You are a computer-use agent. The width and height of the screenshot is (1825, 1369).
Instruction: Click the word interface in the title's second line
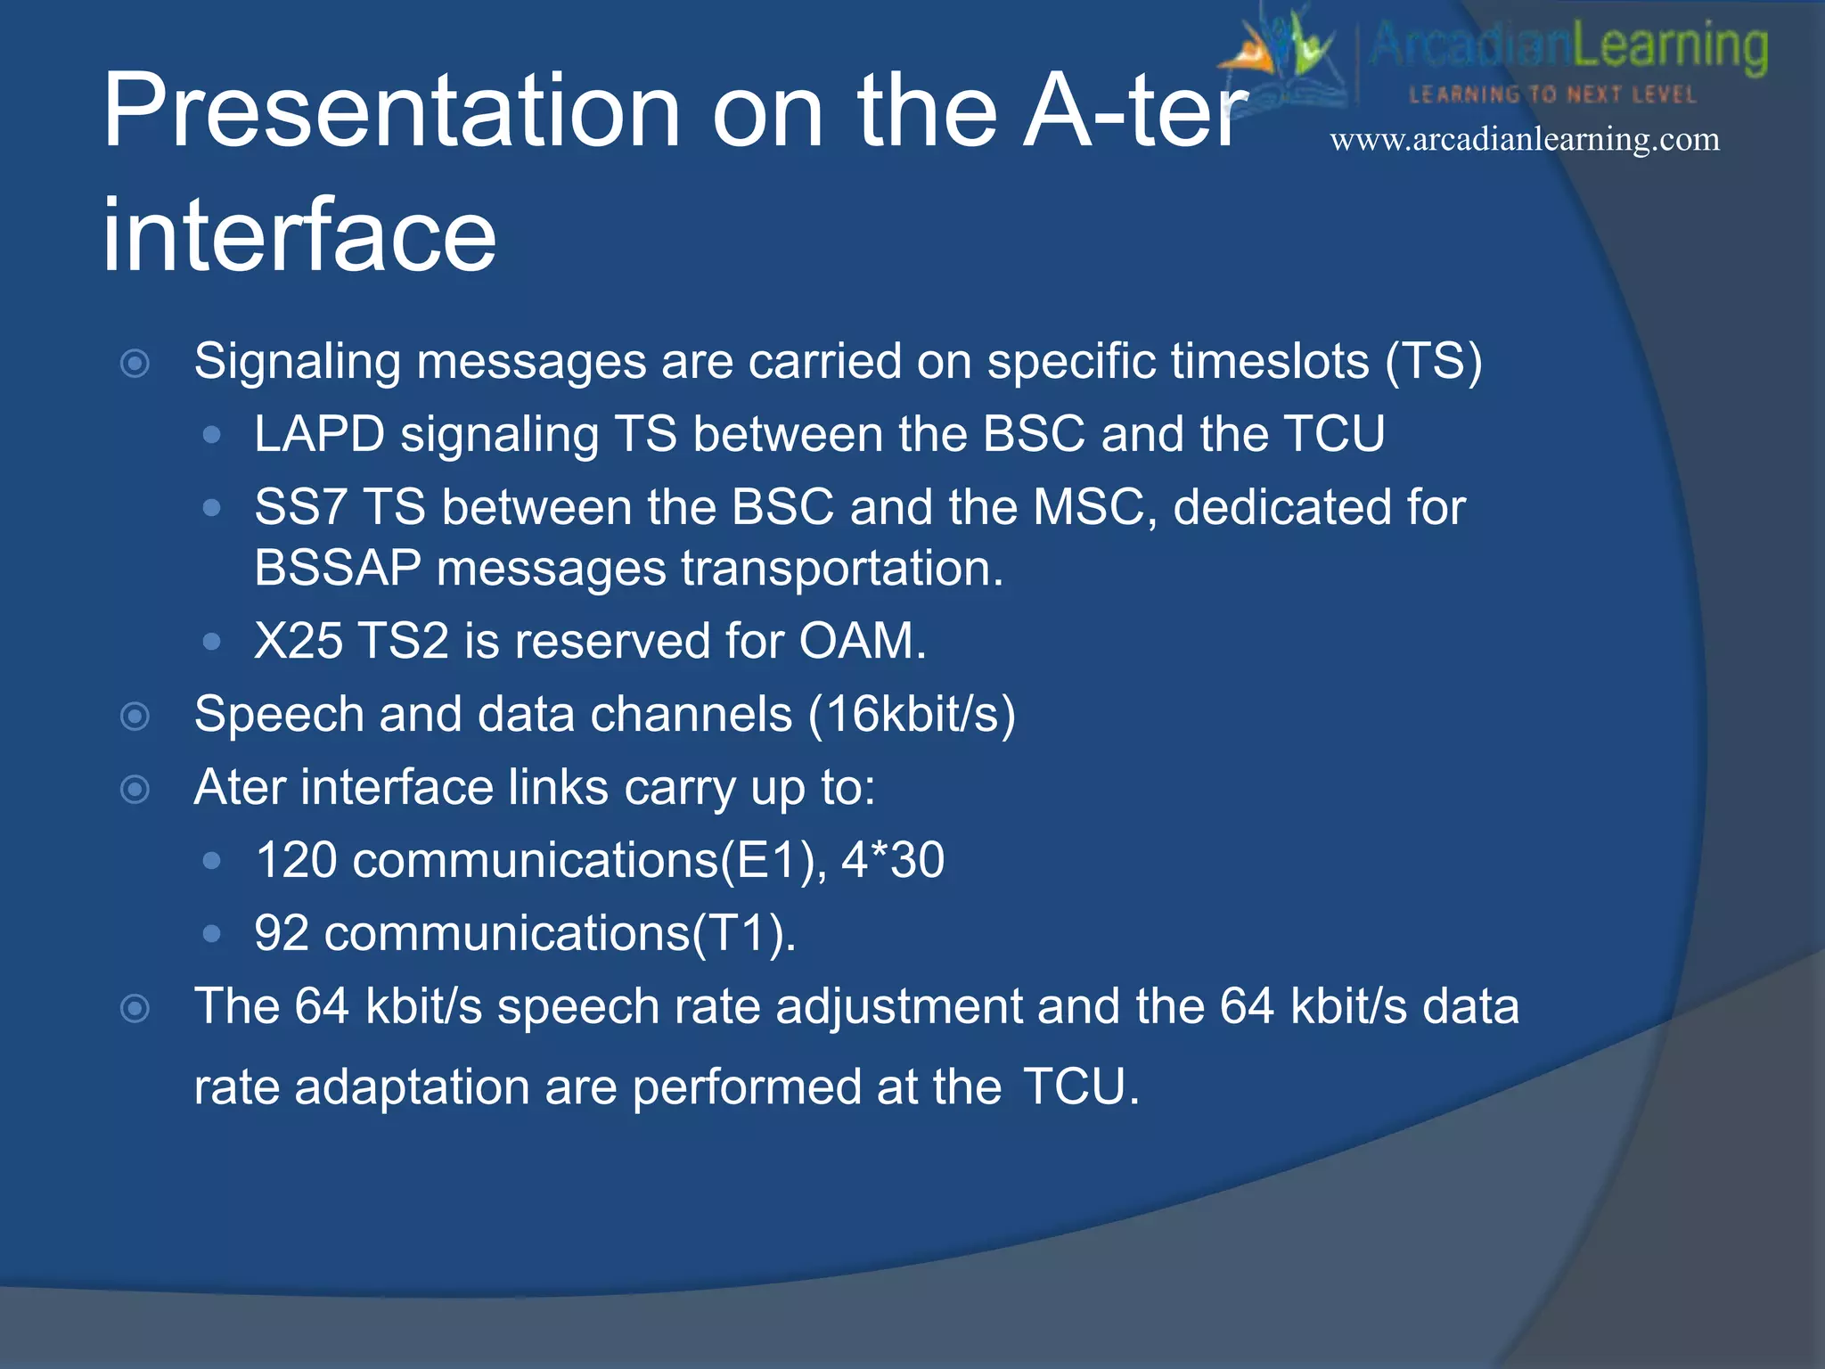pyautogui.click(x=299, y=236)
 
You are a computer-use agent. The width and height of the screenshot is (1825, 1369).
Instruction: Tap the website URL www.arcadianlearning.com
pyautogui.click(x=1525, y=140)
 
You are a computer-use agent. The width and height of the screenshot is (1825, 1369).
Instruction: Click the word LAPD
pyautogui.click(x=319, y=435)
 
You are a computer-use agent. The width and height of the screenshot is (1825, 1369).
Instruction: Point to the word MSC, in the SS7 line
pyautogui.click(x=1095, y=508)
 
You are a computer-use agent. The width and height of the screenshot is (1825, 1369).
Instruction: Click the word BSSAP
pyautogui.click(x=337, y=569)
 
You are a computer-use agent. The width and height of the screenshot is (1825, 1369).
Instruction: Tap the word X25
pyautogui.click(x=298, y=642)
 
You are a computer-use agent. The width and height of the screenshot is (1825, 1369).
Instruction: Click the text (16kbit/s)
pyautogui.click(x=912, y=715)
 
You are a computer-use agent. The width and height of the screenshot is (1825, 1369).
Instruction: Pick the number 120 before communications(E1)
pyautogui.click(x=296, y=861)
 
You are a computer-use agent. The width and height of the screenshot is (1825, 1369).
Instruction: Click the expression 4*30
pyautogui.click(x=893, y=861)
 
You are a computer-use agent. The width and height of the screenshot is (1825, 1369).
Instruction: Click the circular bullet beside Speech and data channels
pyautogui.click(x=135, y=717)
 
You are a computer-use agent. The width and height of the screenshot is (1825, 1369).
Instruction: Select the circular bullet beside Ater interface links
pyautogui.click(x=135, y=790)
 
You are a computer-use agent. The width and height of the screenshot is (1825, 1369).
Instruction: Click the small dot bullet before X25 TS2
pyautogui.click(x=211, y=642)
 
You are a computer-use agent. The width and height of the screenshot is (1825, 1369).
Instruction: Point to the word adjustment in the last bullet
pyautogui.click(x=899, y=1007)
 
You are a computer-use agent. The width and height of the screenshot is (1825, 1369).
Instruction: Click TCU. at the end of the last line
pyautogui.click(x=1081, y=1088)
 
